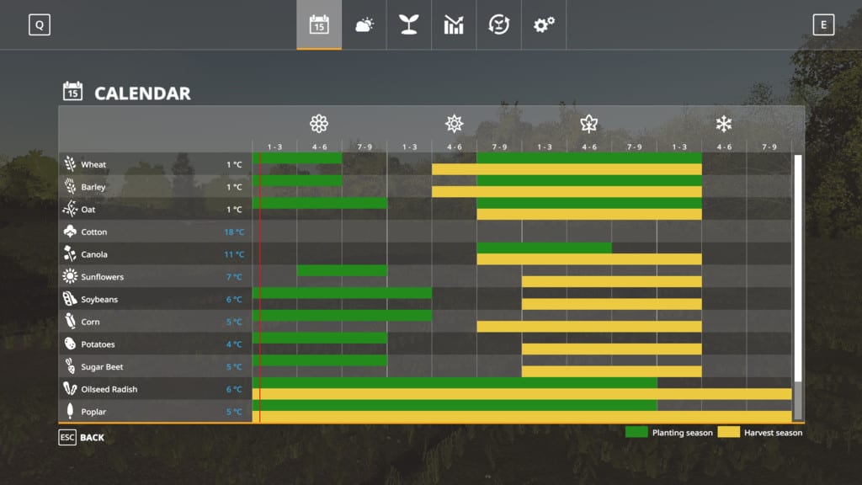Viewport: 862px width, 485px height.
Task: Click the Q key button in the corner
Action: (x=39, y=25)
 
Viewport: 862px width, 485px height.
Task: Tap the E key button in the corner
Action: (x=823, y=25)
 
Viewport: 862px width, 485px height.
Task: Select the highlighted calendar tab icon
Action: (x=319, y=25)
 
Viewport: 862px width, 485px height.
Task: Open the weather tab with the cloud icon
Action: (x=364, y=25)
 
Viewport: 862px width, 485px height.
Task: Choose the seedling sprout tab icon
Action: (x=409, y=25)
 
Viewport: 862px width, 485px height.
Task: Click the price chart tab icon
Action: (x=454, y=25)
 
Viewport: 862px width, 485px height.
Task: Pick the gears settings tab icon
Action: (x=544, y=25)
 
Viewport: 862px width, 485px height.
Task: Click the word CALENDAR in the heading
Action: (x=142, y=93)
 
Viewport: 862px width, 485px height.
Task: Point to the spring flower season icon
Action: (x=319, y=125)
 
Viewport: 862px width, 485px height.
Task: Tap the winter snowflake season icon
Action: (x=723, y=125)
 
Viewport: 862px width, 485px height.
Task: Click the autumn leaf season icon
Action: (x=588, y=125)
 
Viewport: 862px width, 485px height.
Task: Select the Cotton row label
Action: (x=93, y=232)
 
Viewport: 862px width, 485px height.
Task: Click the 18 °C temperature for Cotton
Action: (x=234, y=232)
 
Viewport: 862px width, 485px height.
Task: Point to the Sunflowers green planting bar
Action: (x=342, y=270)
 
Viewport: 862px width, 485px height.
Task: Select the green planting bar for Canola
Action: (x=544, y=248)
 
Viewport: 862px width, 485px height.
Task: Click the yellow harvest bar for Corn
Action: (x=588, y=327)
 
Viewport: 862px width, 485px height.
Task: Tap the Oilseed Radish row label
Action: (x=109, y=389)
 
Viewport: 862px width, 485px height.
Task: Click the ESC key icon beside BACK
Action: (x=67, y=437)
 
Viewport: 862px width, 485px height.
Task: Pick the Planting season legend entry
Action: (x=669, y=433)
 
